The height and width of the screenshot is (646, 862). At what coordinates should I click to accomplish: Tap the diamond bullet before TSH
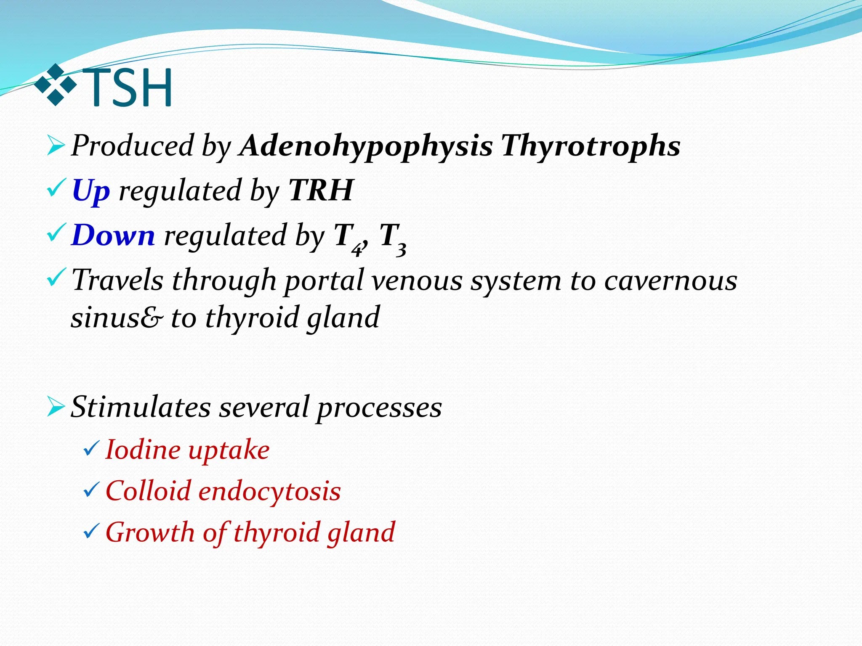point(55,85)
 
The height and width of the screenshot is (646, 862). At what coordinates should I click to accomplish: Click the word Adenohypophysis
point(365,146)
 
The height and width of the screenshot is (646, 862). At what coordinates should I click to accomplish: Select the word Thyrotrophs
point(590,146)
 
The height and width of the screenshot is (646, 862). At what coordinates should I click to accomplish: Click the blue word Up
point(91,191)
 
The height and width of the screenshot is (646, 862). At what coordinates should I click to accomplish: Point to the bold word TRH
point(321,190)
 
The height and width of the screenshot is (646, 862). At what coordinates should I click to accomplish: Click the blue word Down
point(113,236)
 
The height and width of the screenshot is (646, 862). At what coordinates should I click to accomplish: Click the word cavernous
point(670,281)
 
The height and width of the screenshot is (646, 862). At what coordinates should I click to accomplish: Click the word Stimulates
point(141,407)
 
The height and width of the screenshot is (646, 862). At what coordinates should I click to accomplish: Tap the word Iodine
point(143,450)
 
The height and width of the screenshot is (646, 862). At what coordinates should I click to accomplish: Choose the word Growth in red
point(150,532)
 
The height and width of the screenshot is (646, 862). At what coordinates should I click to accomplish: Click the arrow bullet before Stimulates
point(56,408)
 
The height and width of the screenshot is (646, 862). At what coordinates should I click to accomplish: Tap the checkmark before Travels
point(56,278)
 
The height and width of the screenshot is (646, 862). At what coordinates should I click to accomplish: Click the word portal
point(324,281)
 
